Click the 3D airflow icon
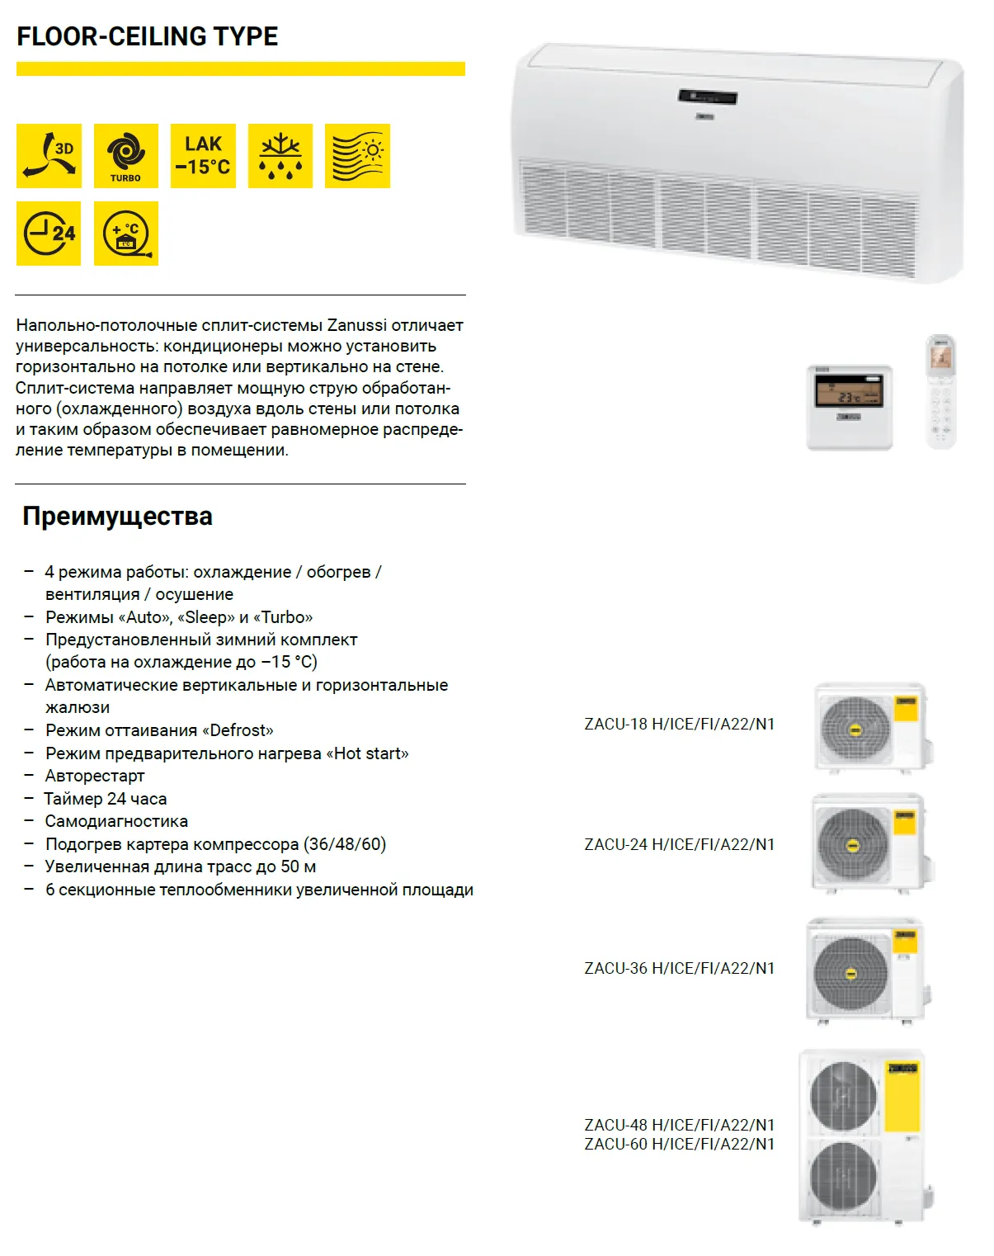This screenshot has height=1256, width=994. [49, 156]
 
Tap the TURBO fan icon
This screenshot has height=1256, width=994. [125, 156]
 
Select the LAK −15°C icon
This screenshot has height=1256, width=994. [203, 156]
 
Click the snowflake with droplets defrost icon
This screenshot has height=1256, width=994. [280, 156]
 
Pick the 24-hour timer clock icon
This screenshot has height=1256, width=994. [49, 234]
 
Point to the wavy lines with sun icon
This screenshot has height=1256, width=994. [357, 156]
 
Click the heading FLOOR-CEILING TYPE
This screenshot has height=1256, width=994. [148, 36]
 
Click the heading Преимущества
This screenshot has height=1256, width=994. [117, 517]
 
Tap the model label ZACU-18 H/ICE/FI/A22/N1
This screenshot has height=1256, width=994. [679, 725]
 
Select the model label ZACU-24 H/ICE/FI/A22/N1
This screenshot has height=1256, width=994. [679, 845]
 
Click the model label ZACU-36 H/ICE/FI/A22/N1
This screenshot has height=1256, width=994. [679, 969]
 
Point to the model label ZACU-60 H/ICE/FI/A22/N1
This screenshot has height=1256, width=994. [679, 1145]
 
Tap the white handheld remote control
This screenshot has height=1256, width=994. [940, 392]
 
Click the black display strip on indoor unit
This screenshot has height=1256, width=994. [707, 97]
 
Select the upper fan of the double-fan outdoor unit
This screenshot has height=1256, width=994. [843, 1095]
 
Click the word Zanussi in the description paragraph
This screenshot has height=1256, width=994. [357, 325]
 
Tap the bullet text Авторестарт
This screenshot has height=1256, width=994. [95, 777]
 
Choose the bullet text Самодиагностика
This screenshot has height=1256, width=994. [116, 822]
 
